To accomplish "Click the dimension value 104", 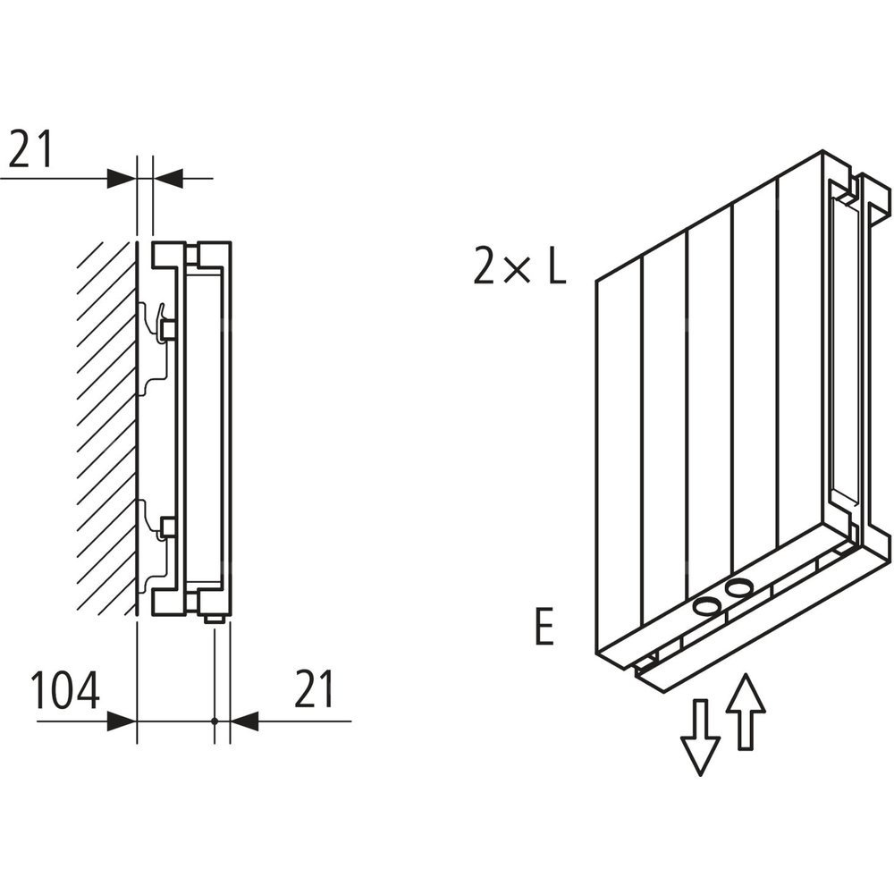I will coord(64,691).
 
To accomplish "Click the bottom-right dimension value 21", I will coord(313,691).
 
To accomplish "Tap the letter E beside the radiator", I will coord(544,628).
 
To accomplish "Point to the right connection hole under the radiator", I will coord(739,588).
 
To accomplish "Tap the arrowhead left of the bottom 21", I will coord(244,721).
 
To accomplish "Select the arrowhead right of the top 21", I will coord(168,178).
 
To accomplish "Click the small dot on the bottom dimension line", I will coord(215,721).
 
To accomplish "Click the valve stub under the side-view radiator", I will coord(215,617).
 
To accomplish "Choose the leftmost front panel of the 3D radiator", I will coord(619,456).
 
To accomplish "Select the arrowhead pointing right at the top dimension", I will coord(122,178).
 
